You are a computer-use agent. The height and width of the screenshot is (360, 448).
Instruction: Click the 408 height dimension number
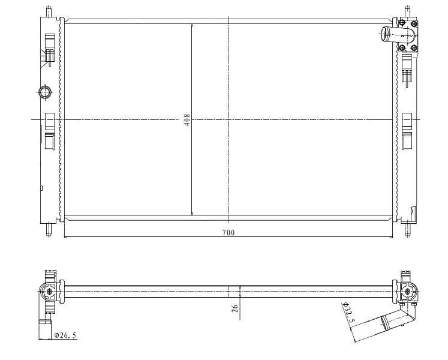point(187,120)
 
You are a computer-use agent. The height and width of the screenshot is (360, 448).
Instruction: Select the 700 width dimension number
point(228,233)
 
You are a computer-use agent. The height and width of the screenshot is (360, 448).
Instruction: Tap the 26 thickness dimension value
point(235,308)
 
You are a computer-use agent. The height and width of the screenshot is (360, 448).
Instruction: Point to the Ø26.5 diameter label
point(65,335)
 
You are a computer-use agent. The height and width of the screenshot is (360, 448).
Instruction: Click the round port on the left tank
point(45,92)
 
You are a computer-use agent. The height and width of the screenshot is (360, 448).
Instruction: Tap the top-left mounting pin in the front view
point(49,11)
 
